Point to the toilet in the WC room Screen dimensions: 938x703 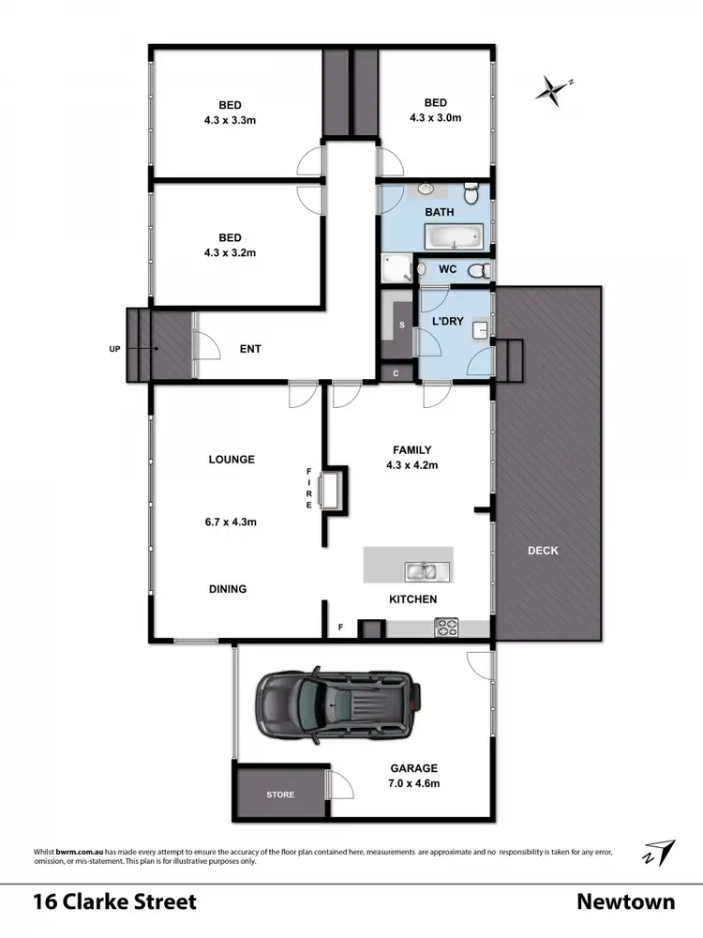477,270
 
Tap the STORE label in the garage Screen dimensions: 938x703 280,794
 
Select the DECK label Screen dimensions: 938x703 543,551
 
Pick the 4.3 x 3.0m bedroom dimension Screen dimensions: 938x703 435,118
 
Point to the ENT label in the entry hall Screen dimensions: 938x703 250,349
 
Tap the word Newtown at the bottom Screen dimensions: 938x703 625,902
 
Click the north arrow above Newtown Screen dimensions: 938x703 659,852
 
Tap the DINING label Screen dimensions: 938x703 228,589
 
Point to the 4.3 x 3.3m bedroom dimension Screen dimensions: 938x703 230,118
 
